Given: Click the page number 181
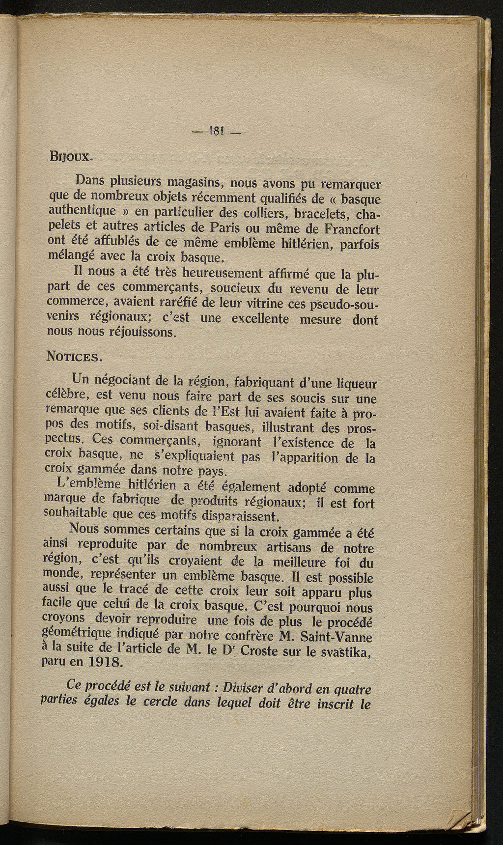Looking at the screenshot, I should tap(217, 131).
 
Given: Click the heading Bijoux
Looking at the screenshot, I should tap(69, 157).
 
